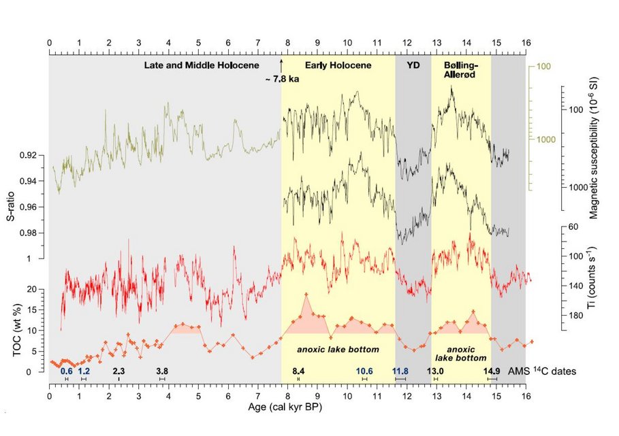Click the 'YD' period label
(413, 65)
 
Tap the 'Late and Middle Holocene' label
(202, 65)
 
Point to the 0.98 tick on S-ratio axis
(31, 233)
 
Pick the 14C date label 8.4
(299, 371)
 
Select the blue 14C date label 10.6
(365, 371)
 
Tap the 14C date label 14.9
(492, 371)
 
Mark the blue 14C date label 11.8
(400, 371)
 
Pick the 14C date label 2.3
(118, 371)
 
